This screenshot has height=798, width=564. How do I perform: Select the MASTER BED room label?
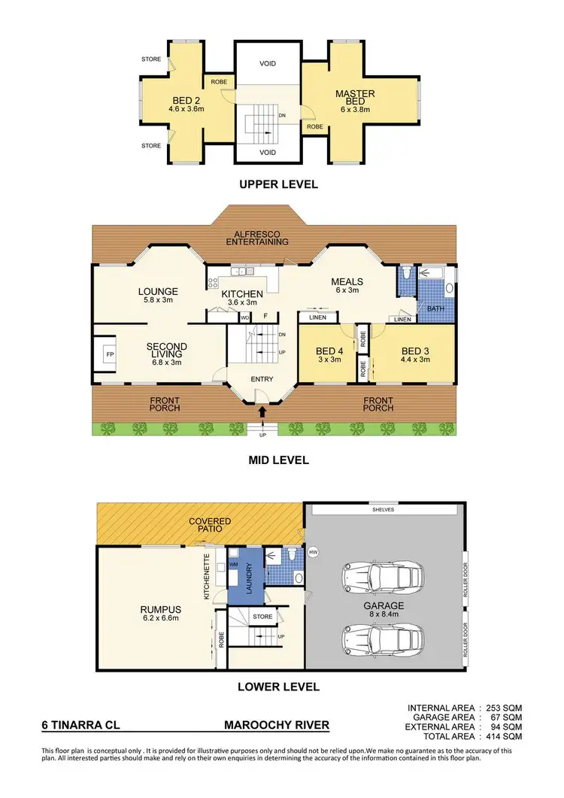[356, 99]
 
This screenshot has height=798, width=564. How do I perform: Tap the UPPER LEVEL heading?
[278, 184]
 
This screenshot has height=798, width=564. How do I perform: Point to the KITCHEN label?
[241, 293]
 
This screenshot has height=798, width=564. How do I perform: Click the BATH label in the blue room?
[436, 308]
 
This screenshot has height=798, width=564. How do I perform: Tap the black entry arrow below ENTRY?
[262, 411]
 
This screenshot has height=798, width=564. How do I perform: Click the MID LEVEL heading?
[278, 460]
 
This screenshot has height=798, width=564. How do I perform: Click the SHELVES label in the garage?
[384, 509]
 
